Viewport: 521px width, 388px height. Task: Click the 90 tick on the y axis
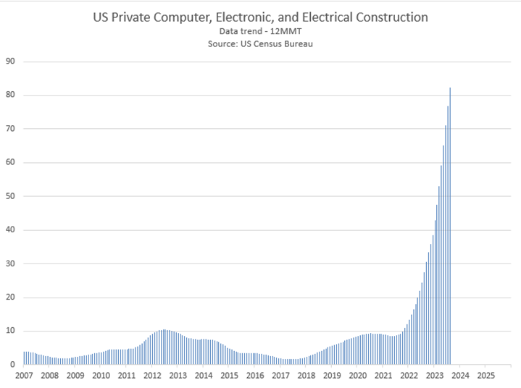pos(11,62)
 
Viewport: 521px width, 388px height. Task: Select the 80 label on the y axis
pos(11,95)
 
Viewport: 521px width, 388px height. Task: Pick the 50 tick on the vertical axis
pos(11,196)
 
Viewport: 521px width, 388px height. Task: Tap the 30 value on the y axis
pos(11,263)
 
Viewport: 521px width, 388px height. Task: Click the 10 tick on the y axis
pos(11,331)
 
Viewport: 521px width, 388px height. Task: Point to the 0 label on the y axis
pos(13,365)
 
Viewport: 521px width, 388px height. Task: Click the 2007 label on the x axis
pos(24,376)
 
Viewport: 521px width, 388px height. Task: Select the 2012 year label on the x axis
pos(152,376)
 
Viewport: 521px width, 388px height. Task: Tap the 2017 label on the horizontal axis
pos(280,376)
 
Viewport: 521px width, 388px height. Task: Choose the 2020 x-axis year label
pos(357,376)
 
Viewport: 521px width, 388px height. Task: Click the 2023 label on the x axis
pos(434,376)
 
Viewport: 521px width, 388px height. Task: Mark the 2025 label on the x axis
pos(485,376)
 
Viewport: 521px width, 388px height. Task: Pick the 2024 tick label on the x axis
pos(460,376)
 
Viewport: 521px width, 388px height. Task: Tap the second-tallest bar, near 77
pos(448,239)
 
